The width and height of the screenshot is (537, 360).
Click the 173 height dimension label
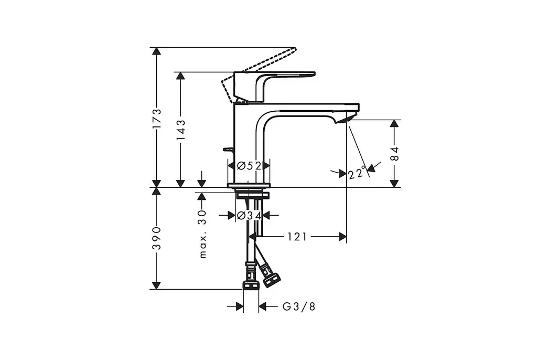click(x=157, y=119)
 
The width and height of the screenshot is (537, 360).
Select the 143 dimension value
click(x=181, y=130)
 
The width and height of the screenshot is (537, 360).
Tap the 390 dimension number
click(x=157, y=238)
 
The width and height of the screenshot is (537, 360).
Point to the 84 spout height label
click(x=395, y=154)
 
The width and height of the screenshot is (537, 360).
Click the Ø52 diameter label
click(x=249, y=166)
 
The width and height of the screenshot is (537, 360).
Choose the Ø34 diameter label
click(x=249, y=216)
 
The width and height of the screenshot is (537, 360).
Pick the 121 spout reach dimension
click(x=297, y=237)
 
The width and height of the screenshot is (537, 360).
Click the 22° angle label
click(x=357, y=173)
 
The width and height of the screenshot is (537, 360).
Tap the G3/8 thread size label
click(x=298, y=306)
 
